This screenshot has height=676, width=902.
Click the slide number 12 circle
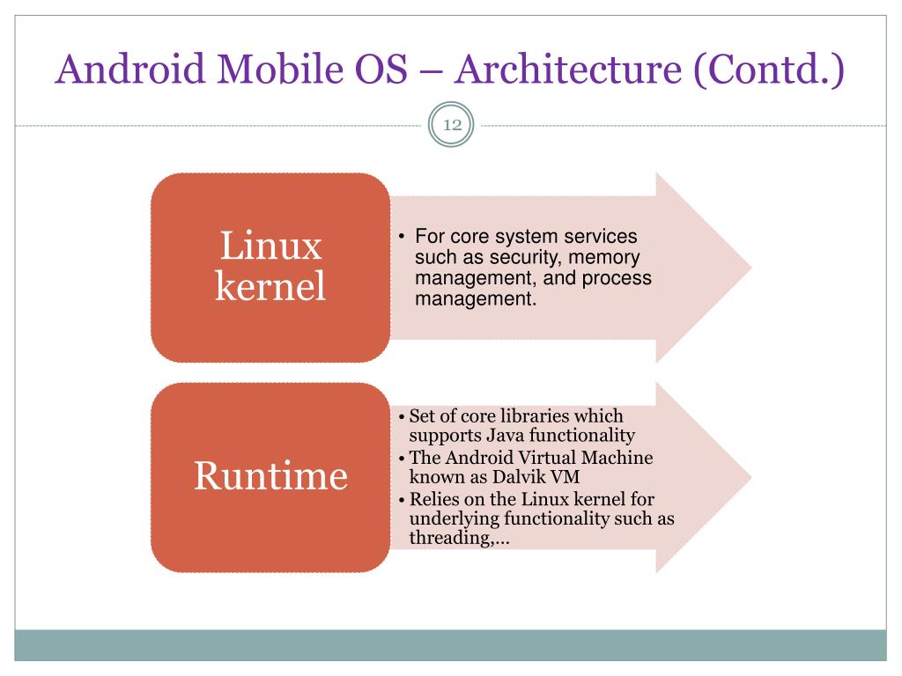[x=451, y=126]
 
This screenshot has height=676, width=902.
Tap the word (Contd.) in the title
[x=769, y=70]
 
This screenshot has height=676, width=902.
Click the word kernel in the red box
[x=270, y=286]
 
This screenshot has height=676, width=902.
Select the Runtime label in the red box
[x=270, y=476]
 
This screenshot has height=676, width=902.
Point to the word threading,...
[x=456, y=538]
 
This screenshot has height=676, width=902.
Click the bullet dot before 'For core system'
[x=400, y=238]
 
